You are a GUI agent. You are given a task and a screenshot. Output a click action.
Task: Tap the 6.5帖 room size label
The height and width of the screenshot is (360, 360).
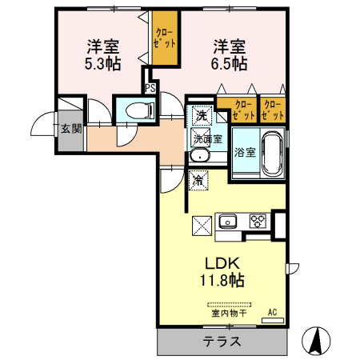coord(230,64)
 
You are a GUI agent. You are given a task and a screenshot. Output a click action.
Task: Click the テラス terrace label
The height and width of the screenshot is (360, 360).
coord(222,342)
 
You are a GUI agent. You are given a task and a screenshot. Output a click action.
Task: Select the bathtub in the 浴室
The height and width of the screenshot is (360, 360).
coord(270,150)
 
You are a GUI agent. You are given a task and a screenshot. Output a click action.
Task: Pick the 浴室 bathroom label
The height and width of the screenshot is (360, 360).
coord(244,152)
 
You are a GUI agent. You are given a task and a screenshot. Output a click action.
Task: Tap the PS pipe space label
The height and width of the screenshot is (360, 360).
coord(150,88)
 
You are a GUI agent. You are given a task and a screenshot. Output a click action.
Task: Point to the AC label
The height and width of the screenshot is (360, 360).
coord(272,312)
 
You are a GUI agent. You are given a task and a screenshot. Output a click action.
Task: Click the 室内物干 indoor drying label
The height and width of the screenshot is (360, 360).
coord(229,313)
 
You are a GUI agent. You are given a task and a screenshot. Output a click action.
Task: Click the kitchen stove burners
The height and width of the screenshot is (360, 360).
coord(258,220)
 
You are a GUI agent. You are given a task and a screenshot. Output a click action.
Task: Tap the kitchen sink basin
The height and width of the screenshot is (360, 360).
coord(228,220)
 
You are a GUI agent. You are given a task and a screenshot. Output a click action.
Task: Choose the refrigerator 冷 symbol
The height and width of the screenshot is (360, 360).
coord(198,181)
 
